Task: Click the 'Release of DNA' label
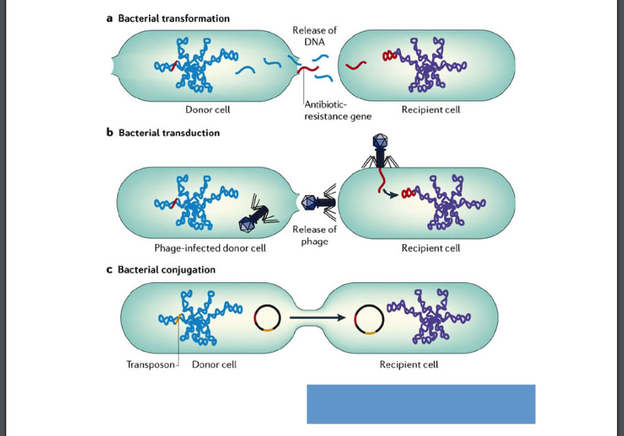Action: [x=314, y=35]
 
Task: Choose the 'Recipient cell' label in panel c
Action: [x=409, y=364]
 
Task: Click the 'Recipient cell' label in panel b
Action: [x=431, y=249]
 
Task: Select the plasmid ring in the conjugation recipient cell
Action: [x=369, y=318]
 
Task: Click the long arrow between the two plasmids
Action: [x=317, y=318]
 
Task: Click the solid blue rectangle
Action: [x=420, y=403]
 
